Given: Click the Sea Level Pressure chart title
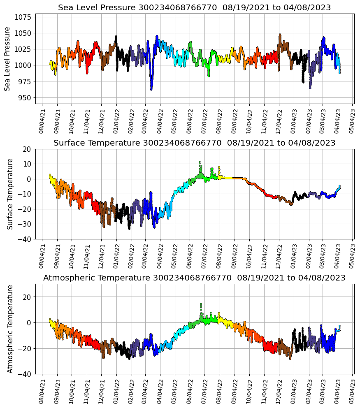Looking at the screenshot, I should pyautogui.click(x=194, y=8).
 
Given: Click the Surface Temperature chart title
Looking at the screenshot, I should pyautogui.click(x=194, y=143).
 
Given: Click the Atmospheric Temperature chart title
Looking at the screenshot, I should pyautogui.click(x=194, y=278).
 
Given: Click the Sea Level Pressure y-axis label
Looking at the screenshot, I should pyautogui.click(x=8, y=59).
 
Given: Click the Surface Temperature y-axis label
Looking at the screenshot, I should pyautogui.click(x=10, y=194).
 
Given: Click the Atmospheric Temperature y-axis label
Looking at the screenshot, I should pyautogui.click(x=10, y=329).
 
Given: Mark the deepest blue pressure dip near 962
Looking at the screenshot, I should pyautogui.click(x=151, y=89).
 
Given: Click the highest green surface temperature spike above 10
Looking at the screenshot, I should pyautogui.click(x=200, y=162).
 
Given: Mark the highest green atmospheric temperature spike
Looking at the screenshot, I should pyautogui.click(x=201, y=304).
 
